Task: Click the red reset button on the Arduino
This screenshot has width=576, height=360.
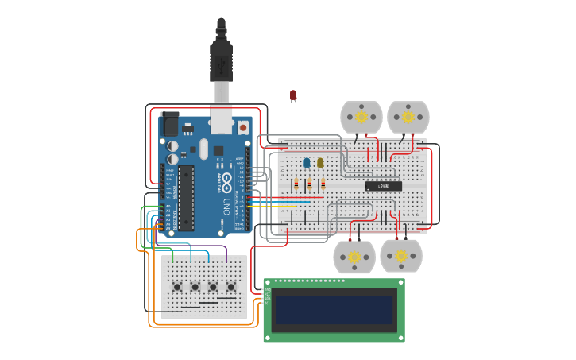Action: click(243, 126)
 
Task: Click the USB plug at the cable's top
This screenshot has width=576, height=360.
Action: click(221, 60)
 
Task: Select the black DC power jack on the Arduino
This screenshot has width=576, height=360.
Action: click(169, 125)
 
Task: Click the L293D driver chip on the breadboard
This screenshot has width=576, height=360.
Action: click(383, 186)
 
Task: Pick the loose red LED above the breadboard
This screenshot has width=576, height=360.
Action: click(293, 95)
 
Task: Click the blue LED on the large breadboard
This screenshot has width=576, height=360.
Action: click(307, 162)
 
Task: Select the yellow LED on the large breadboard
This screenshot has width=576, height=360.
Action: click(320, 162)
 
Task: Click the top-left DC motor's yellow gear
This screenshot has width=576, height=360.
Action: click(361, 117)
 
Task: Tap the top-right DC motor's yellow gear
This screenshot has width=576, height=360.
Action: click(408, 117)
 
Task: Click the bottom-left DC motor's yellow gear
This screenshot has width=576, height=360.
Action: click(354, 257)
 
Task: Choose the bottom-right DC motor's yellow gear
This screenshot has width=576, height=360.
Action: click(401, 256)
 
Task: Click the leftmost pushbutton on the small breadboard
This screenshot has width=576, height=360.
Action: click(177, 287)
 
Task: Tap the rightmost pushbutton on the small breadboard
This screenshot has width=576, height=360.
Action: click(231, 287)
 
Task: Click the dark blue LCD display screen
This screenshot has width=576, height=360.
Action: click(334, 310)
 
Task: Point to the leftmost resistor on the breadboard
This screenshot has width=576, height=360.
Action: click(296, 185)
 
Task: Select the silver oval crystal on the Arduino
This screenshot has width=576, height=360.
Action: click(203, 149)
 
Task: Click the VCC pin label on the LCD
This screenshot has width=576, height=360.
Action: click(268, 294)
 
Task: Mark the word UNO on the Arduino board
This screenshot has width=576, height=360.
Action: click(226, 207)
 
